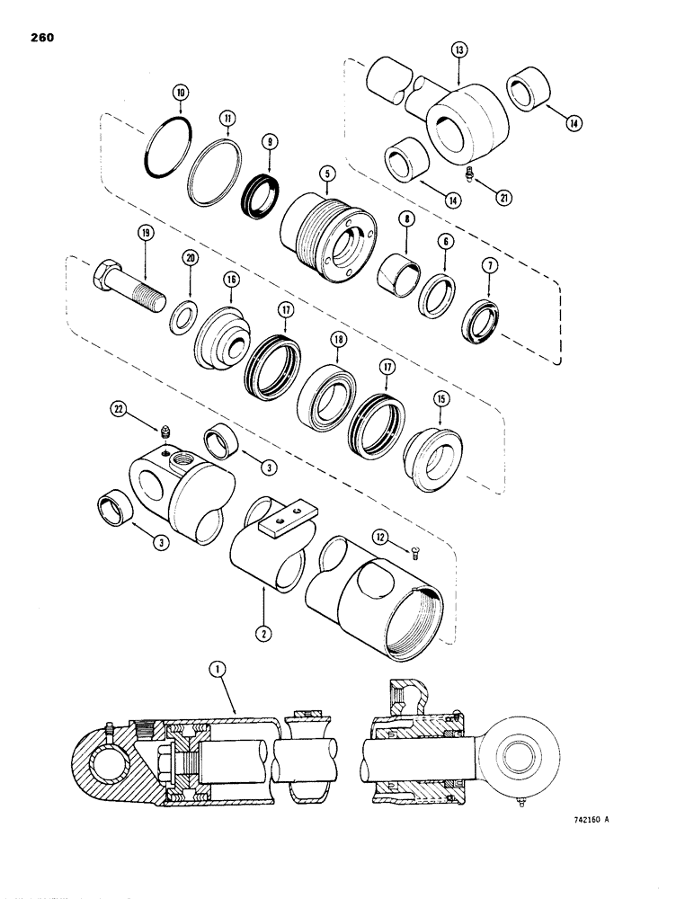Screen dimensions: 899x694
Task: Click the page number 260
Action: coord(43,39)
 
